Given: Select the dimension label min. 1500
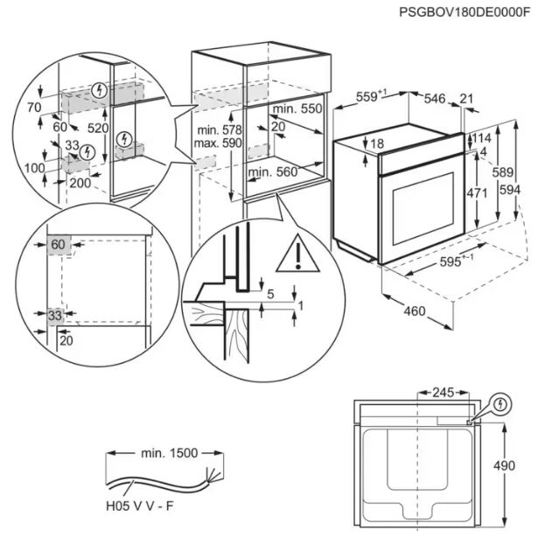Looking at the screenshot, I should (x=170, y=453).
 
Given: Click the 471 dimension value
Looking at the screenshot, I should (x=476, y=193).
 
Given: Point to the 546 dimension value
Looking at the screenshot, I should (x=435, y=99).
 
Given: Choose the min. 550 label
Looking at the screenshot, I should (x=297, y=108).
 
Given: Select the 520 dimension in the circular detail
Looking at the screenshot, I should (x=98, y=128).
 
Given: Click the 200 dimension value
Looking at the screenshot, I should (x=79, y=184).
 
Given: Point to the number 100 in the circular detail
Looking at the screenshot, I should (x=34, y=167).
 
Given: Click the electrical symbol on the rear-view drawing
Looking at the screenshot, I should (x=499, y=404).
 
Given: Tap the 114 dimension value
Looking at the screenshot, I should (x=482, y=139).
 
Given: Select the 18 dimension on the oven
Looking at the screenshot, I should (x=377, y=143).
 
